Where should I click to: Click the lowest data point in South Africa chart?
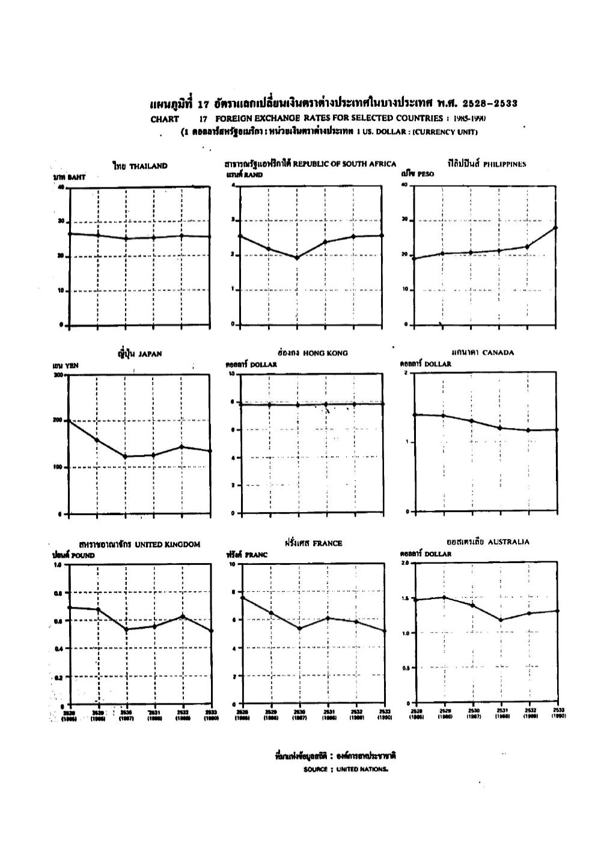click(x=297, y=258)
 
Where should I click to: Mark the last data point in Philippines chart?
click(x=555, y=228)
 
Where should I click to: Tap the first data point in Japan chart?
click(x=69, y=421)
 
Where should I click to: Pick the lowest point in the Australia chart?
click(x=501, y=620)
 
